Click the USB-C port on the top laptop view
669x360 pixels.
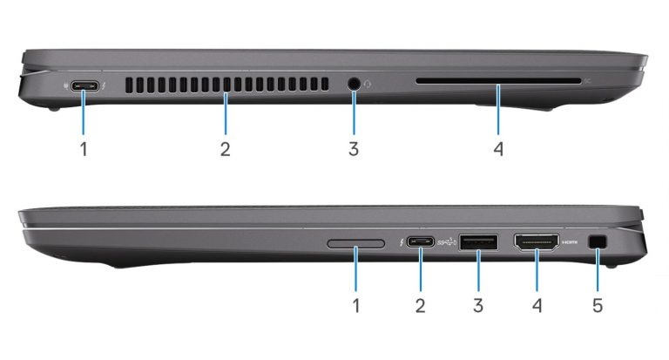[85, 86]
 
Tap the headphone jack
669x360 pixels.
[354, 85]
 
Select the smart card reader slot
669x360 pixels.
[498, 81]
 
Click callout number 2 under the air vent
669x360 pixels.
[226, 149]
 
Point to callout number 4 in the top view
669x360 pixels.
[498, 149]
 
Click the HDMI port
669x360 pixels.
[537, 242]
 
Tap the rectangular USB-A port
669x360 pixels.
[478, 242]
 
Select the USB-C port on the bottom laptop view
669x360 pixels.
[421, 242]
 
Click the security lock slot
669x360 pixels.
[598, 242]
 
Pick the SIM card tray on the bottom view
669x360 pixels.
[355, 244]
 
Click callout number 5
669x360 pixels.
[598, 305]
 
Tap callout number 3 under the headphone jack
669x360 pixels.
[354, 149]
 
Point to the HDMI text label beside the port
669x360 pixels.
[570, 242]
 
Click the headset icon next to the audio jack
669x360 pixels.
[368, 85]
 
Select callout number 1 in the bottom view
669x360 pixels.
[356, 305]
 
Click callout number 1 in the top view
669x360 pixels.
[84, 149]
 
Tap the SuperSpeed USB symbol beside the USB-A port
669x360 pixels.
[448, 242]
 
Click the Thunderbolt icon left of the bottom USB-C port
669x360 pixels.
[401, 242]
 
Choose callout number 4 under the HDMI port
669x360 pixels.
[537, 305]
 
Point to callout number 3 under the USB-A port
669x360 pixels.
[478, 305]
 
